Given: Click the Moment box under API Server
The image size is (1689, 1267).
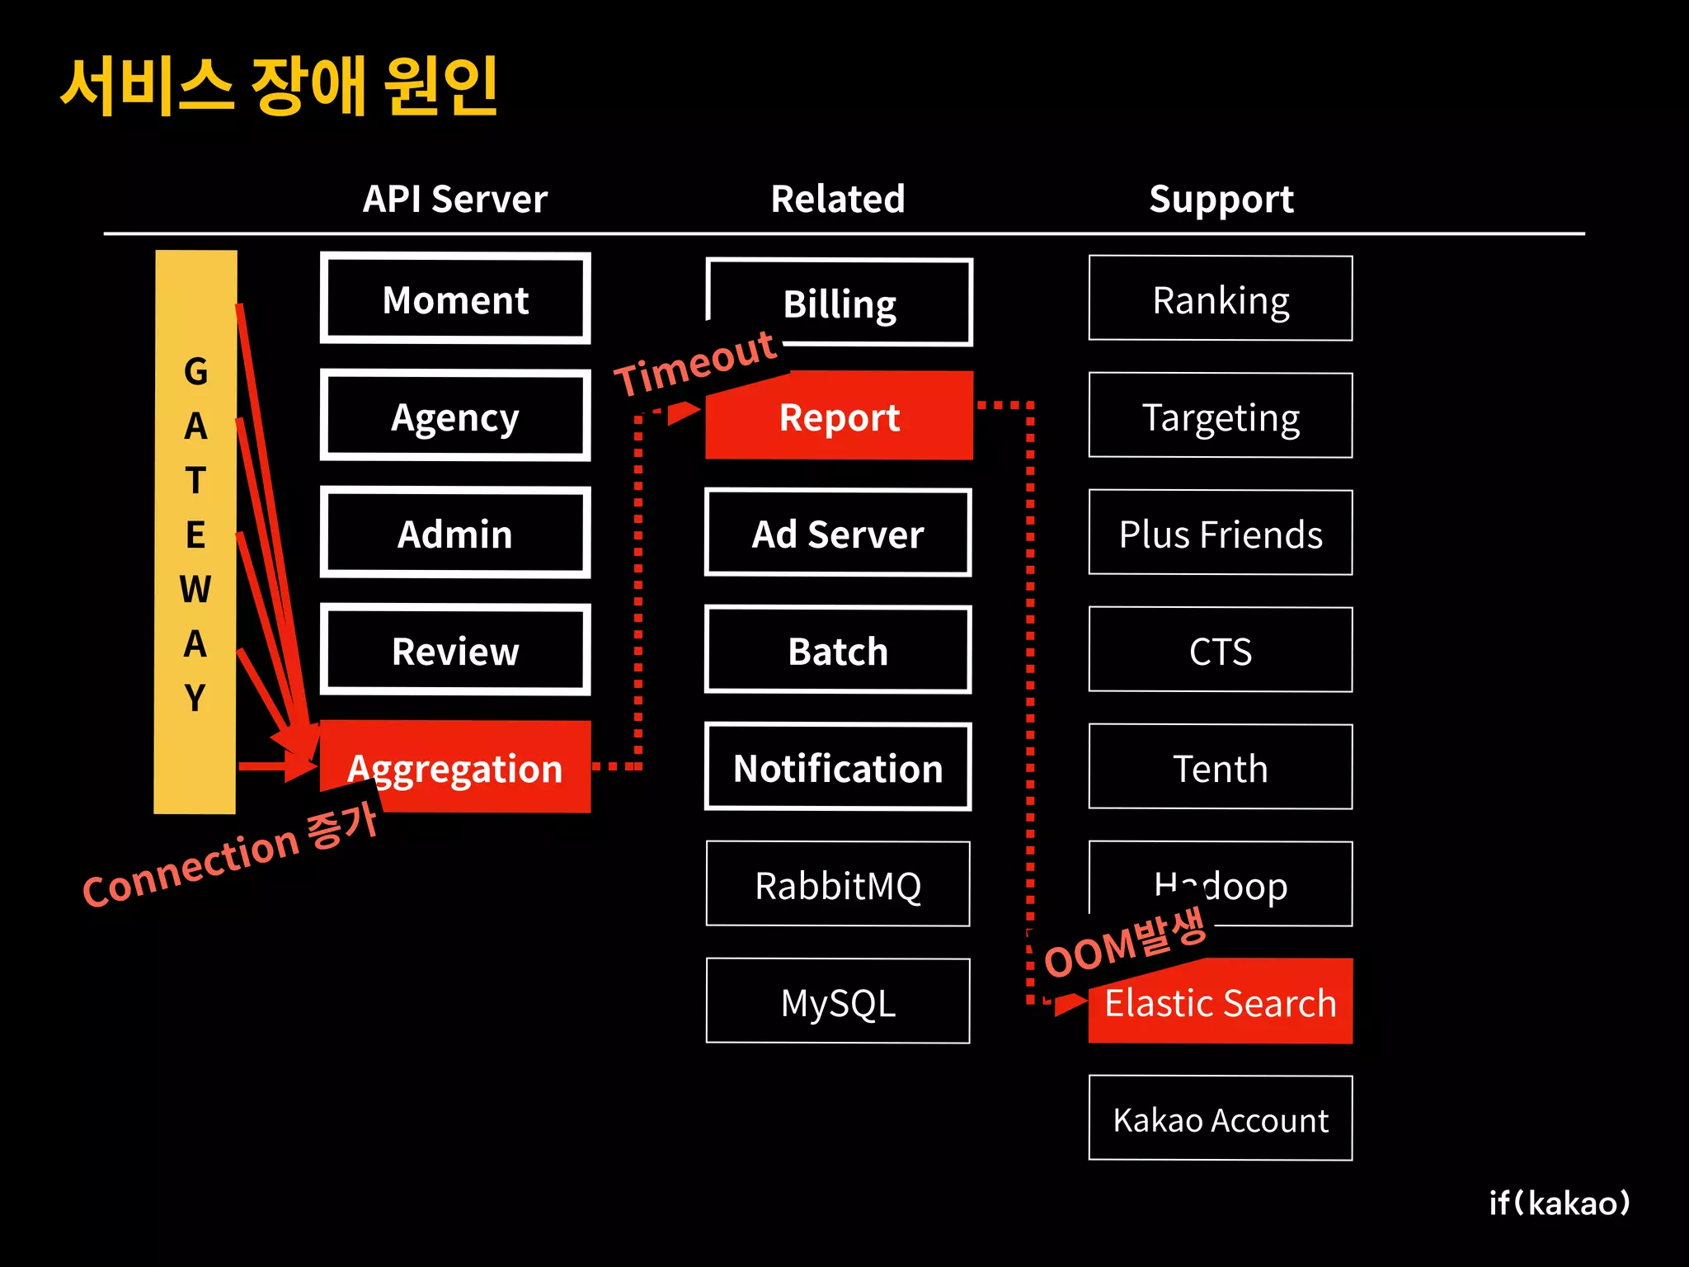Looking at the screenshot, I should click(x=455, y=299).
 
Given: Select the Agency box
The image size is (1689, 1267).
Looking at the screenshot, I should click(x=455, y=416).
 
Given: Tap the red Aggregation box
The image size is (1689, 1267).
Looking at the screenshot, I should click(x=455, y=768).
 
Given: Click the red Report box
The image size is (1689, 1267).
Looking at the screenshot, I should click(x=839, y=417).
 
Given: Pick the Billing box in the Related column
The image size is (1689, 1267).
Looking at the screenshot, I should click(x=839, y=303).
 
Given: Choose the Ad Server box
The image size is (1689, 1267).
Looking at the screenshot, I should click(x=838, y=533).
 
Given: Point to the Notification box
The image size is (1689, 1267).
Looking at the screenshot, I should click(x=838, y=767).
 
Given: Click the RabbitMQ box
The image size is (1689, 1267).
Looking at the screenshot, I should click(x=838, y=884).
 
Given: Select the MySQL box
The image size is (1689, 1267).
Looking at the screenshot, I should click(x=838, y=1001).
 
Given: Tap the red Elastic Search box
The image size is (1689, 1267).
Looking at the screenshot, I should click(x=1221, y=1002).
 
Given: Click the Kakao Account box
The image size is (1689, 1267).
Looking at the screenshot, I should click(x=1221, y=1119).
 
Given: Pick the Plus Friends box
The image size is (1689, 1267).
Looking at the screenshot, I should click(x=1221, y=533).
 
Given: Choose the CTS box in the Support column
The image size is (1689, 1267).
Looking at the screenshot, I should click(x=1221, y=650).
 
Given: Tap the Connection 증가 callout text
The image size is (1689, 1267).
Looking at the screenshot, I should click(x=231, y=856).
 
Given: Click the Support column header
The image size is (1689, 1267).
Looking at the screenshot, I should click(x=1221, y=199).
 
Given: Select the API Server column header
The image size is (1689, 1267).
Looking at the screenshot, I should click(x=455, y=199).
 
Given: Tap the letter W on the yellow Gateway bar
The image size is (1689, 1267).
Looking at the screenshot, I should click(x=195, y=589).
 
